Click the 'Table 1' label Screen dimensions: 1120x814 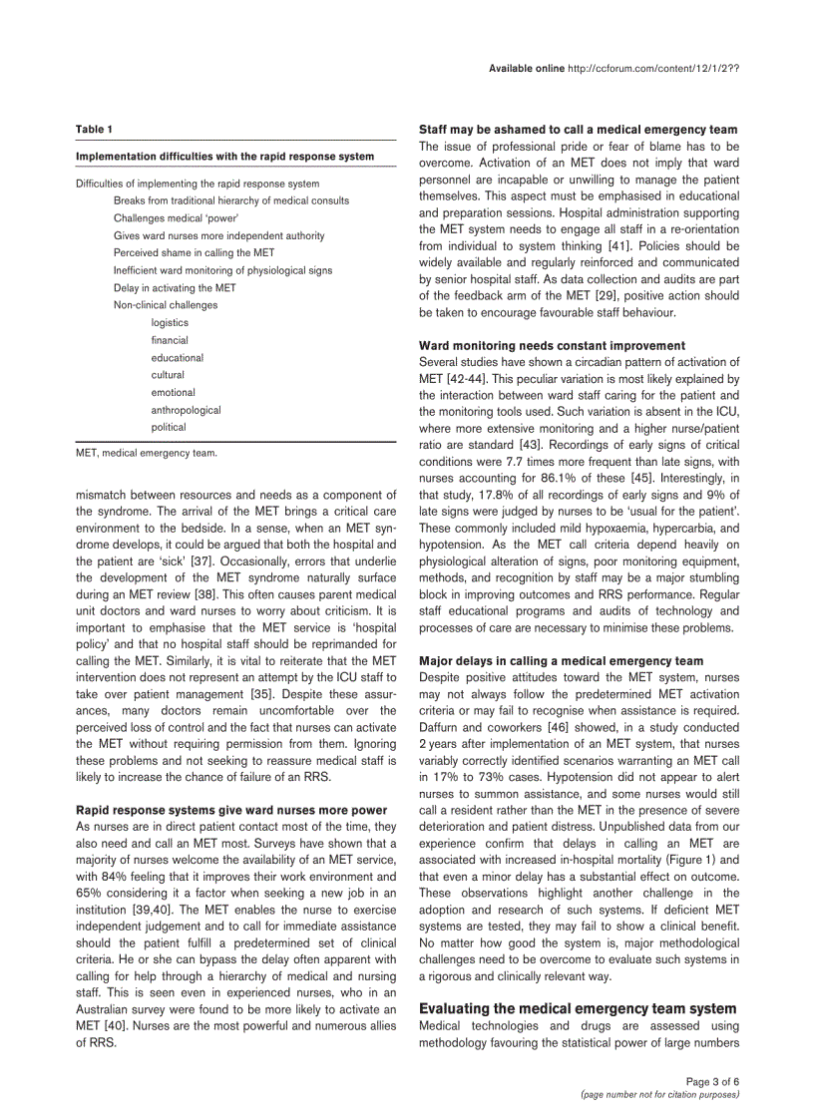click(x=94, y=130)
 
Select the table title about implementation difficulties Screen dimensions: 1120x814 click(x=224, y=157)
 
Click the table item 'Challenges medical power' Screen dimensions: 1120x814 click(x=175, y=218)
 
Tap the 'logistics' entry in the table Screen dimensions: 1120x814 click(x=170, y=323)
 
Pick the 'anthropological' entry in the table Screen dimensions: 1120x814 click(x=186, y=410)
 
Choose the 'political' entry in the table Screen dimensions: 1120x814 click(x=169, y=428)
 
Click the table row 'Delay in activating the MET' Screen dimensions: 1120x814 click(x=175, y=288)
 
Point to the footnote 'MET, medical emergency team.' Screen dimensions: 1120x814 click(x=146, y=453)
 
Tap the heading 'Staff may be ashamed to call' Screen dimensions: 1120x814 click(x=578, y=130)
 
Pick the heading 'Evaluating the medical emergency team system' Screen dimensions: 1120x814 click(x=578, y=1009)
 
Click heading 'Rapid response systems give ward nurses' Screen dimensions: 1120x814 click(x=231, y=811)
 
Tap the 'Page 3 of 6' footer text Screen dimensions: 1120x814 click(x=712, y=1082)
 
